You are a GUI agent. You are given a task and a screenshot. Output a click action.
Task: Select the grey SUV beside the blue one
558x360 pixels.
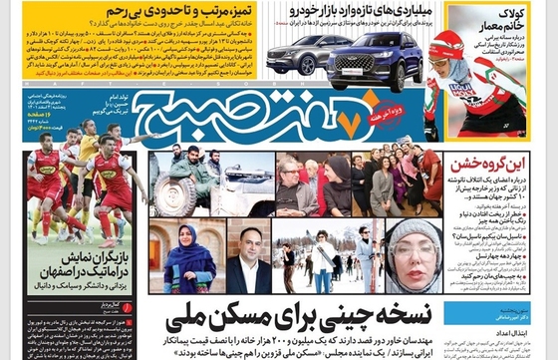tap(305, 56)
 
